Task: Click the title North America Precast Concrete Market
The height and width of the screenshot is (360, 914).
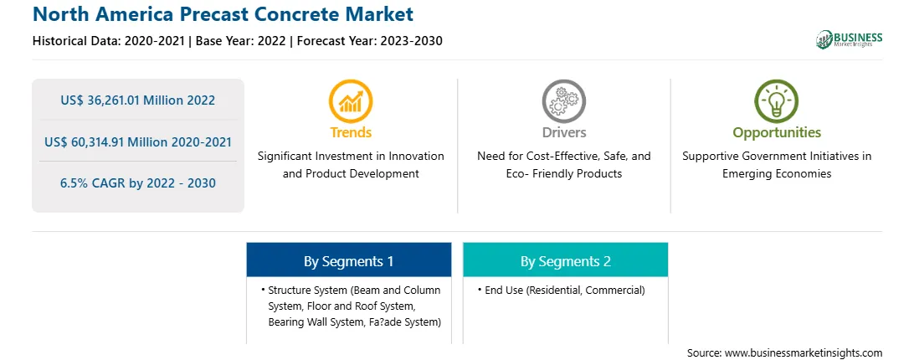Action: [x=223, y=14]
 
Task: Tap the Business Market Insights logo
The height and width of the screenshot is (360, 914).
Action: [x=849, y=39]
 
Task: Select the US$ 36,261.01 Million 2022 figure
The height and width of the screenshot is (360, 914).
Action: [x=137, y=100]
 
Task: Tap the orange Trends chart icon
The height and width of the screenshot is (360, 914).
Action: [x=351, y=101]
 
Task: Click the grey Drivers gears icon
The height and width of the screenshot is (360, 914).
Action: [x=563, y=101]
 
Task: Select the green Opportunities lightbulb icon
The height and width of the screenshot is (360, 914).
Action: [x=777, y=101]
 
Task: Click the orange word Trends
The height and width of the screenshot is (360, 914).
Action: [x=351, y=132]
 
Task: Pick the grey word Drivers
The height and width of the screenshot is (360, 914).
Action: [x=564, y=132]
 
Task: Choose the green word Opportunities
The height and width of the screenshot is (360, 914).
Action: [x=777, y=133]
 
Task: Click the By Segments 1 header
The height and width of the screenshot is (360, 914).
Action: [x=348, y=261]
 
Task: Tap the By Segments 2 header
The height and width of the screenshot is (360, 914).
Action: [x=566, y=261]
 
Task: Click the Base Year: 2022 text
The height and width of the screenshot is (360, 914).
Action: [x=240, y=41]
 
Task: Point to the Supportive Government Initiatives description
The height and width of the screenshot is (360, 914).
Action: [x=777, y=165]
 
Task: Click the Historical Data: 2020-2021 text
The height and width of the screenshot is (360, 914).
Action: [x=108, y=41]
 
